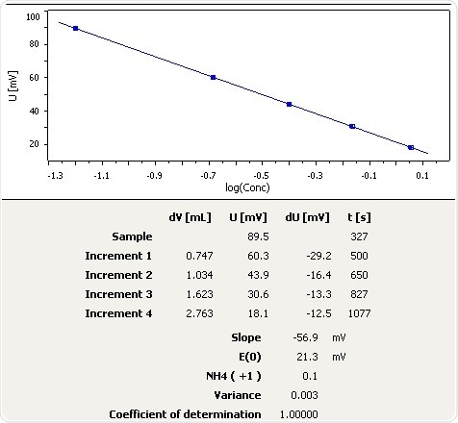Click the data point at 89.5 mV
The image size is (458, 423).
pos(76,28)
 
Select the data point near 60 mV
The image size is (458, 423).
pos(213,77)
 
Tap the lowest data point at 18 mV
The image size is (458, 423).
pos(411,147)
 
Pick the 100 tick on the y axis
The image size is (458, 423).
pos(33,17)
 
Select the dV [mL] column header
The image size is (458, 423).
pos(190,217)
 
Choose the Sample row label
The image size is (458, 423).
pos(132,236)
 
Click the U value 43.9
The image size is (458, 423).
pos(256,275)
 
